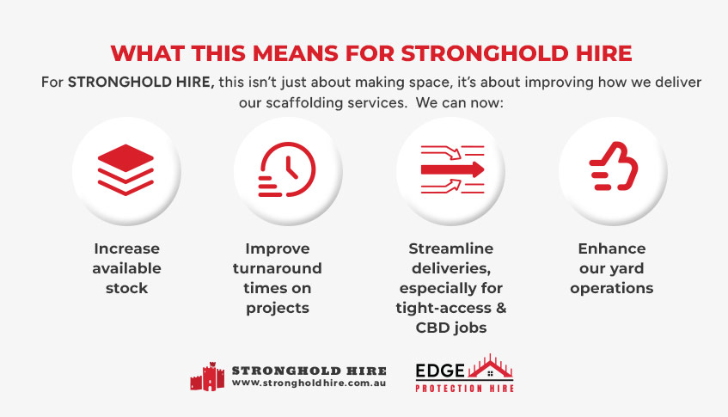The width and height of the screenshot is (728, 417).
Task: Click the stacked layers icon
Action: point(126,168)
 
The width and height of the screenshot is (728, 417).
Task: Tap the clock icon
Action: point(288,168)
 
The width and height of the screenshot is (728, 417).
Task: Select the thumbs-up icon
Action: point(612,168)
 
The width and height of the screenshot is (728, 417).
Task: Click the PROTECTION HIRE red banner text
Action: point(464,389)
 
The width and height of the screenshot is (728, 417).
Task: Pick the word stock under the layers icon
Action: point(126,288)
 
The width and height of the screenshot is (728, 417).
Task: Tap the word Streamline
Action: point(451,248)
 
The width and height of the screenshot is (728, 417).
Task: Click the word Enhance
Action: point(612,248)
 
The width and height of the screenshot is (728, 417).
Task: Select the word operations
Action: point(612,288)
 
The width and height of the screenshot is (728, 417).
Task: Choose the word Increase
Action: point(126,248)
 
